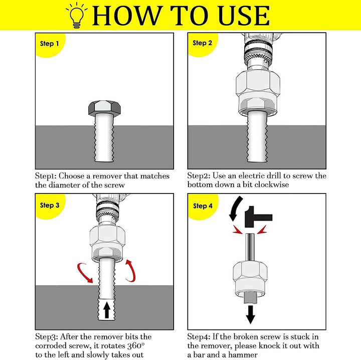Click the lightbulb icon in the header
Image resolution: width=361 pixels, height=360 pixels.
click(76, 16)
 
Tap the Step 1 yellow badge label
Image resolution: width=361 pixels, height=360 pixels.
click(49, 44)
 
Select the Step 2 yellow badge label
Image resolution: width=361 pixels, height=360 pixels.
click(202, 43)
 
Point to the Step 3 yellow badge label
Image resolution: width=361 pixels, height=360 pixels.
click(50, 205)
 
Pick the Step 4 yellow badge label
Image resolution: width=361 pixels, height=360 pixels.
click(203, 206)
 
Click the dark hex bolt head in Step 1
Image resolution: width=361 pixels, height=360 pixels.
click(104, 108)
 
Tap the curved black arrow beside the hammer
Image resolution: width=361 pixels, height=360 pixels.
click(235, 209)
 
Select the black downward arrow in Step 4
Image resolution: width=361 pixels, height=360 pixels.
click(251, 315)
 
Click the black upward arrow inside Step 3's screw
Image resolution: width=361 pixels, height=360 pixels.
click(107, 310)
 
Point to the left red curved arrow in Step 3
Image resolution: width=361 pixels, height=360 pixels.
click(84, 273)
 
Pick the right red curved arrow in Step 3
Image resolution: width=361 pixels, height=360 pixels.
click(132, 271)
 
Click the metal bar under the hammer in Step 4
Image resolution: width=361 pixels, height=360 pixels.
click(250, 247)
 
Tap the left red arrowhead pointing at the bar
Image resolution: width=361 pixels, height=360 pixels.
click(237, 230)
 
